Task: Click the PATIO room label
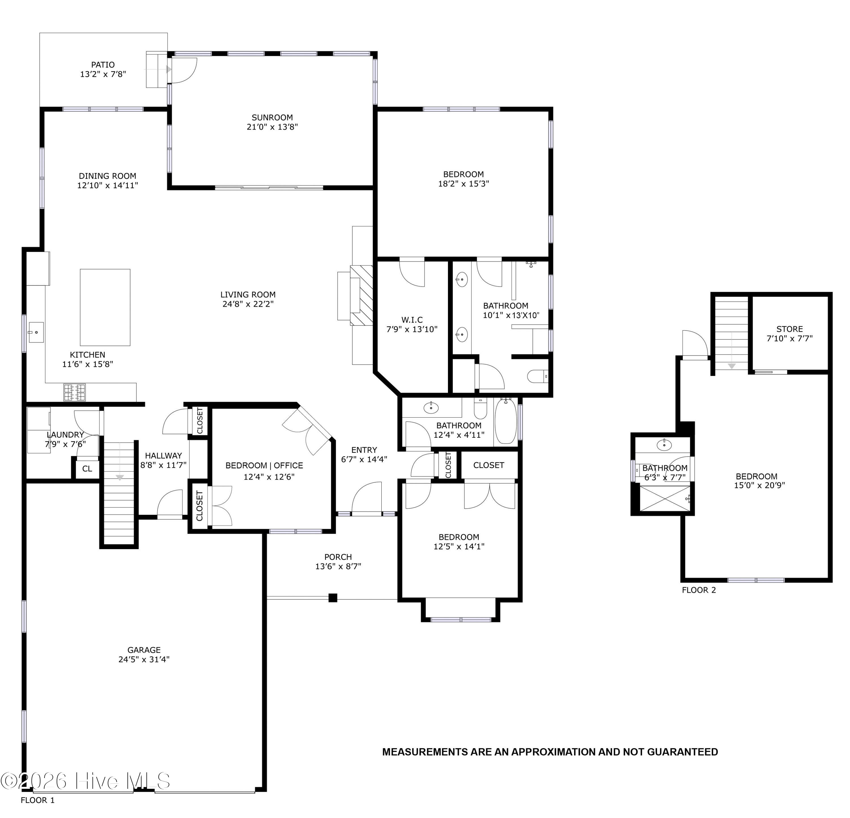(x=103, y=65)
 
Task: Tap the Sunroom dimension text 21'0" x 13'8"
(x=272, y=127)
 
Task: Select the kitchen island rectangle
(x=105, y=307)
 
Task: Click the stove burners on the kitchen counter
(x=74, y=392)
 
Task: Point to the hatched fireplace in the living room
(x=361, y=295)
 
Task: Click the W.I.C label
(x=412, y=320)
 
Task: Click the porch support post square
(x=333, y=598)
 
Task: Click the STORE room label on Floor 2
(x=789, y=329)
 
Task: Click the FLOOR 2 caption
(x=699, y=590)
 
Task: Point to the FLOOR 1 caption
(x=38, y=800)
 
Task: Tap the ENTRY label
(x=364, y=450)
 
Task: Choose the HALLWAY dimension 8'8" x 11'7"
(x=163, y=465)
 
